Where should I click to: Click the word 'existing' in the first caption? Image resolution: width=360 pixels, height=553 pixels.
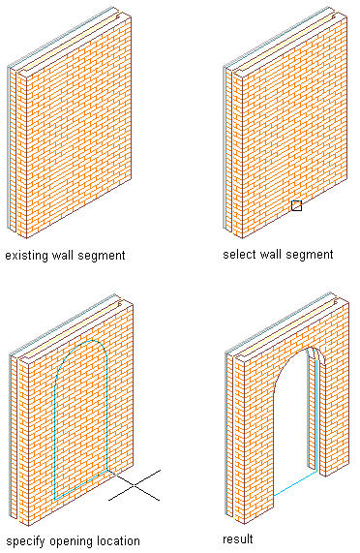(27, 256)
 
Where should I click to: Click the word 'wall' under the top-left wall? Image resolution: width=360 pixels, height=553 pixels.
(63, 255)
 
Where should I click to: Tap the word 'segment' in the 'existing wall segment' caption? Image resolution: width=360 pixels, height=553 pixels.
(101, 256)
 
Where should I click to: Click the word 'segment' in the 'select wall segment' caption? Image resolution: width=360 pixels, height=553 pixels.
(309, 255)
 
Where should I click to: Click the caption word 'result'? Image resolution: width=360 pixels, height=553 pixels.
(238, 538)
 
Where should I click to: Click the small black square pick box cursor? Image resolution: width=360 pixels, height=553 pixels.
(296, 205)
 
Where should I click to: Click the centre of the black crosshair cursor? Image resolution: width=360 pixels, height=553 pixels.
(135, 485)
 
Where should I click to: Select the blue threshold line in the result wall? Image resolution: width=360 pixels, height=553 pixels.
(295, 483)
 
